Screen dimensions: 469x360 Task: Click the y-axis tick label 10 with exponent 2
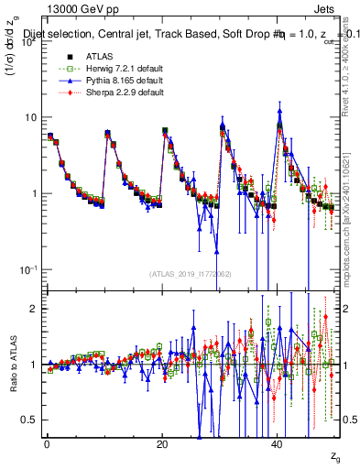(28, 42)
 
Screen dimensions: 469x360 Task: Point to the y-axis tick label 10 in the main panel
(30, 117)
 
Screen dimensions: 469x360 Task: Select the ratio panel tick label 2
(35, 309)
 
